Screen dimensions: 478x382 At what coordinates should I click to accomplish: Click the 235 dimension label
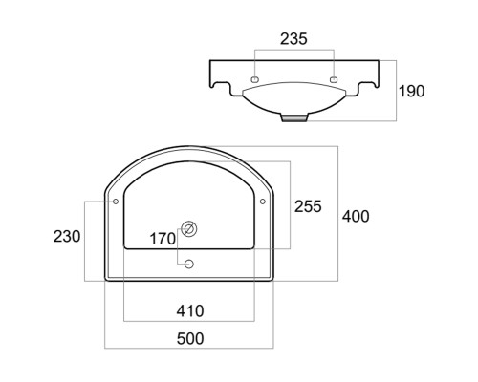pyautogui.click(x=293, y=39)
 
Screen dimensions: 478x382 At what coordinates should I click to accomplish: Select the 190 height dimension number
pyautogui.click(x=412, y=91)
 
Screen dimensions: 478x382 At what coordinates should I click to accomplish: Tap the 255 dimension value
pyautogui.click(x=308, y=206)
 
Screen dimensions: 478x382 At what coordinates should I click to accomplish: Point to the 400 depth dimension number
pyautogui.click(x=356, y=216)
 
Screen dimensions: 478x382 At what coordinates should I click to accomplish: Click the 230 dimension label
pyautogui.click(x=67, y=237)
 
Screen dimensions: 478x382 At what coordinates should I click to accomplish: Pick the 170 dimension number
pyautogui.click(x=163, y=239)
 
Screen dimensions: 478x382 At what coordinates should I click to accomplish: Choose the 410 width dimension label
pyautogui.click(x=190, y=310)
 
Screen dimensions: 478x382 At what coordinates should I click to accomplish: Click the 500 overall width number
pyautogui.click(x=190, y=338)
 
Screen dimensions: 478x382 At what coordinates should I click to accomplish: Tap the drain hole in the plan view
pyautogui.click(x=189, y=229)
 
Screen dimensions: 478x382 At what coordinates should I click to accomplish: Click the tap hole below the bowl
pyautogui.click(x=189, y=264)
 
